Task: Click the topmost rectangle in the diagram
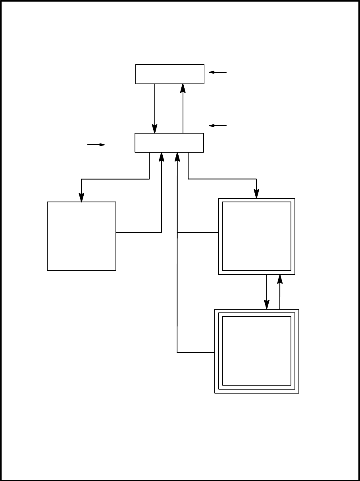click(170, 74)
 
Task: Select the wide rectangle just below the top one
click(169, 143)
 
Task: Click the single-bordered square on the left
click(81, 236)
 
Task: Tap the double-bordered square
click(256, 236)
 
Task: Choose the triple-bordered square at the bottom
click(256, 351)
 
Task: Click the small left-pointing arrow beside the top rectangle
click(218, 72)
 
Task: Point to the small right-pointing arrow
click(96, 145)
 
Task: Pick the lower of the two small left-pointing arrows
click(218, 126)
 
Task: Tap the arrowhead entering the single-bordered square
click(81, 198)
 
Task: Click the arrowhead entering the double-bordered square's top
click(256, 194)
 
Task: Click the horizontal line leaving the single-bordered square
click(139, 233)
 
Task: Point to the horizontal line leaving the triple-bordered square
click(196, 352)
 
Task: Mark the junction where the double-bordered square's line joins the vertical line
click(177, 233)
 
